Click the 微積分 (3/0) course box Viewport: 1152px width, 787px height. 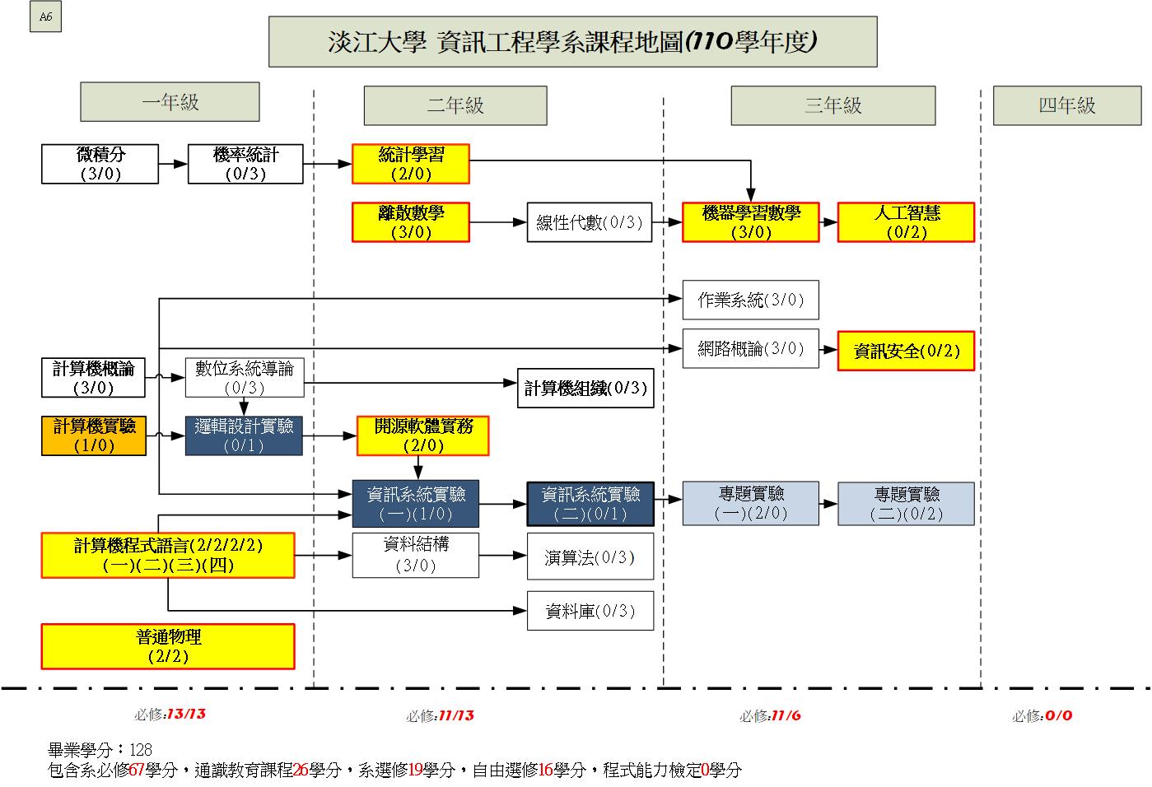[100, 164]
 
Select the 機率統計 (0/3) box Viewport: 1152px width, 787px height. [245, 164]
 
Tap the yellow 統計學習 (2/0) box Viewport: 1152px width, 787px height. [410, 164]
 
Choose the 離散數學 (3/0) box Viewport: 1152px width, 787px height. [410, 222]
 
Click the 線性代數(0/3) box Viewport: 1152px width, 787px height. [589, 222]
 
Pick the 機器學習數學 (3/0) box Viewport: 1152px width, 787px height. [750, 222]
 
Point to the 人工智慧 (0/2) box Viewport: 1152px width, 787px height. [906, 222]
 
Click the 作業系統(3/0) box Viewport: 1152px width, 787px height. [750, 300]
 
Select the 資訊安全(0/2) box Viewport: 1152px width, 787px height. [906, 351]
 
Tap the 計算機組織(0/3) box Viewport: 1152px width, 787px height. [585, 388]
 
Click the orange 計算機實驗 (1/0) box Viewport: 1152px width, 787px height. [94, 435]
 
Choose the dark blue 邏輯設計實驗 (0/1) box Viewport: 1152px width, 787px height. [244, 435]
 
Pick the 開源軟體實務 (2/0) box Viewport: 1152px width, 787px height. [422, 435]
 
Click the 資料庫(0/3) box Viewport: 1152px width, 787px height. [590, 611]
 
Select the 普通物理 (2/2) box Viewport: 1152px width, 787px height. [168, 646]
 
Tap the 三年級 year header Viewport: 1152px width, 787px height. [833, 105]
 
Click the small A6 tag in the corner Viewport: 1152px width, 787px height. [45, 18]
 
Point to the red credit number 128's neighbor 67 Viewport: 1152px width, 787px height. [137, 771]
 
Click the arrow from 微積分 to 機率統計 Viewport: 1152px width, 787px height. [173, 164]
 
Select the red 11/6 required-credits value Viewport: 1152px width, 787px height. [786, 715]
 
